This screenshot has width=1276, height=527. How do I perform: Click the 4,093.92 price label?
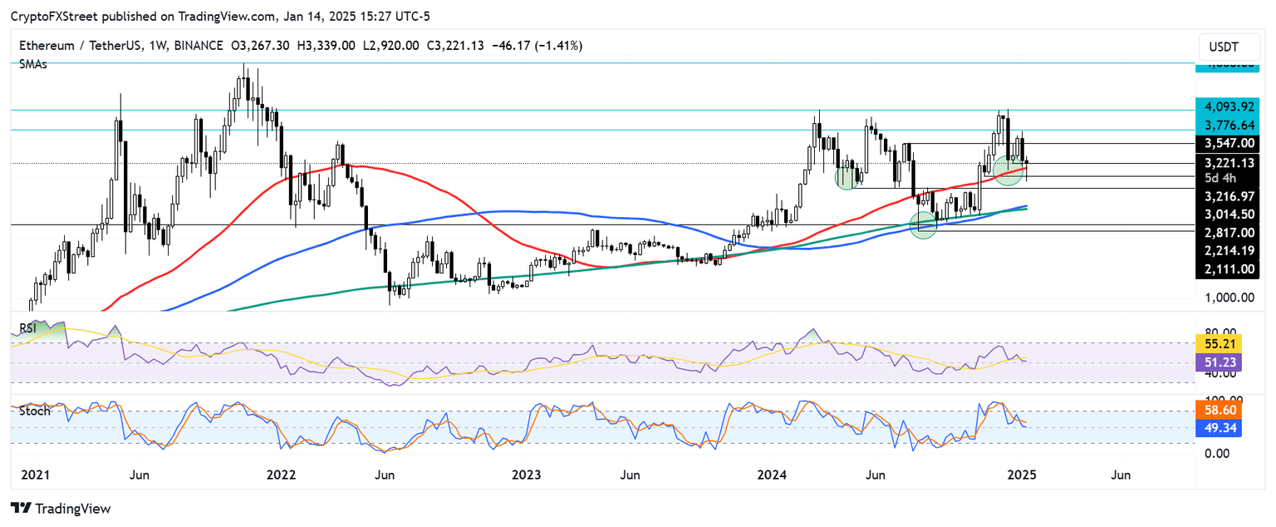pyautogui.click(x=1228, y=106)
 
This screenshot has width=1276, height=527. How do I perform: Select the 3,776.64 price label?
pyautogui.click(x=1228, y=125)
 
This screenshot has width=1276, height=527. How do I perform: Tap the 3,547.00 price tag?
pyautogui.click(x=1228, y=143)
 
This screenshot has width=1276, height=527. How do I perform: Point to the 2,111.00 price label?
pyautogui.click(x=1228, y=268)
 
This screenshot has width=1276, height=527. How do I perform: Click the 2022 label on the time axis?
pyautogui.click(x=282, y=475)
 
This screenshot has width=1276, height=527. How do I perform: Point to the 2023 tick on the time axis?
pyautogui.click(x=526, y=475)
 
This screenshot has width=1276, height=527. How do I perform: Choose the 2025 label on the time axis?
pyautogui.click(x=1021, y=475)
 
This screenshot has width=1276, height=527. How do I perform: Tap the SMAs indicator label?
pyautogui.click(x=32, y=64)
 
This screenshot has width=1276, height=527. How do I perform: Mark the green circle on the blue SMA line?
pyautogui.click(x=923, y=224)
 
